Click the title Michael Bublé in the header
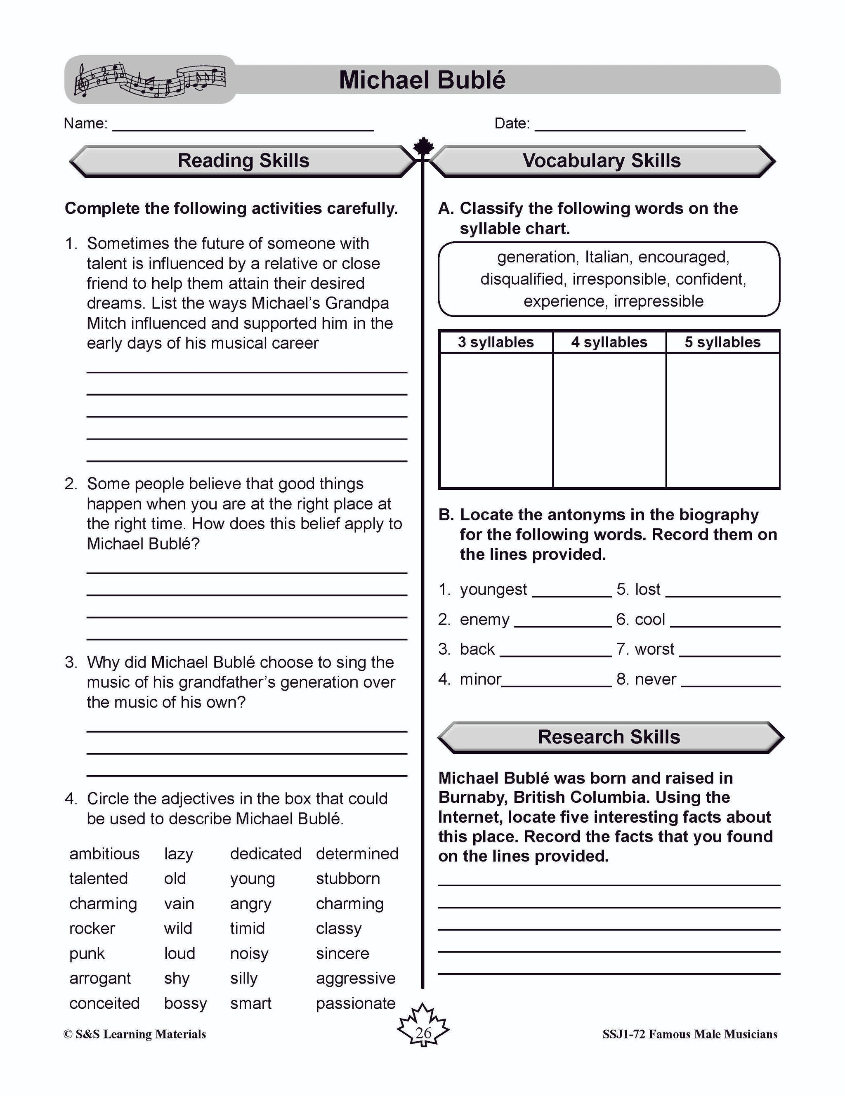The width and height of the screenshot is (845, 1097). pos(422,80)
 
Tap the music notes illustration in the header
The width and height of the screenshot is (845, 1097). pos(150,80)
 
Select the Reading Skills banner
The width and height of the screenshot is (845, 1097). pos(243,161)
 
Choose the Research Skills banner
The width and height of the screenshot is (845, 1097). pos(609,737)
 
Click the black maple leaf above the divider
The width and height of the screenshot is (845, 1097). pos(423,147)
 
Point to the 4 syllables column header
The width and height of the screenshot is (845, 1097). pos(609,342)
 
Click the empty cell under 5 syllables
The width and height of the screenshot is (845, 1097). pos(722,420)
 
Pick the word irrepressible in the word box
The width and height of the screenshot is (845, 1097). pos(659,301)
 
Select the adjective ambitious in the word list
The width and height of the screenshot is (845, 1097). pos(104,854)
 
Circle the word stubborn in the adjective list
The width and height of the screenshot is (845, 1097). pos(348,878)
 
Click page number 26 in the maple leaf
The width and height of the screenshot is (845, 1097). pos(423,1033)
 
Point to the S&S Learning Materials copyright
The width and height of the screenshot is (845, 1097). pos(135,1034)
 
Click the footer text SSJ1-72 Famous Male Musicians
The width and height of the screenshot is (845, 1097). pos(690,1034)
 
